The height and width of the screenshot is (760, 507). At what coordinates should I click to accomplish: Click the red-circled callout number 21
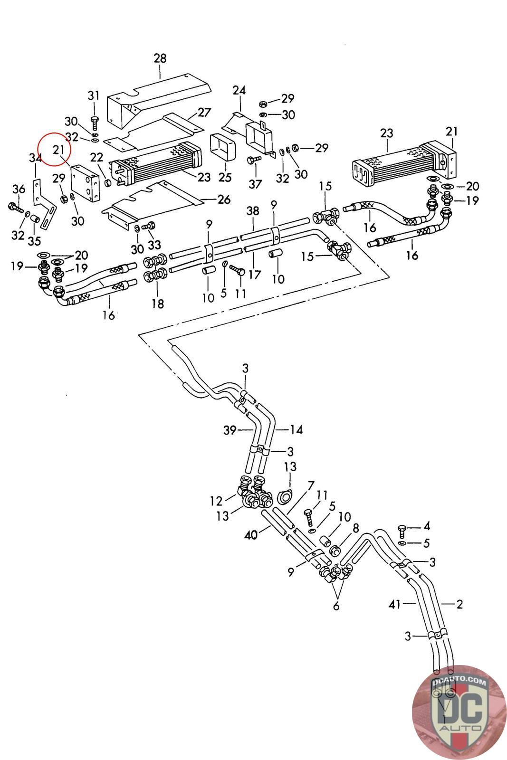pyautogui.click(x=58, y=150)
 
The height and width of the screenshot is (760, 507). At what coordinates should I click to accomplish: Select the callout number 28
pyautogui.click(x=160, y=58)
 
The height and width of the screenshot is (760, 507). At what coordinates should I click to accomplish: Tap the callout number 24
pyautogui.click(x=239, y=90)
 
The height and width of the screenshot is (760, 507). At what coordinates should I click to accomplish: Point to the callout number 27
pyautogui.click(x=204, y=113)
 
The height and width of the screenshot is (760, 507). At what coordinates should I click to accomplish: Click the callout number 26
pyautogui.click(x=224, y=199)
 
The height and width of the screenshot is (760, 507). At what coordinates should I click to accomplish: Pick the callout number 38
pyautogui.click(x=253, y=211)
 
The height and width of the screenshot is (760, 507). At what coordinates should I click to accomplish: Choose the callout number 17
pyautogui.click(x=255, y=275)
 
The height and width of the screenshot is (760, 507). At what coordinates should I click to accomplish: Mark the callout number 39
pyautogui.click(x=230, y=430)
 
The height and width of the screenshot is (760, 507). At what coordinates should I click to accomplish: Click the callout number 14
pyautogui.click(x=296, y=430)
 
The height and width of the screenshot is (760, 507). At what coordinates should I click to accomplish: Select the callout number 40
pyautogui.click(x=251, y=535)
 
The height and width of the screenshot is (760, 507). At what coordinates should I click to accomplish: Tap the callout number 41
pyautogui.click(x=395, y=604)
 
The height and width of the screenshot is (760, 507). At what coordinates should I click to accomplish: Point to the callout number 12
pyautogui.click(x=216, y=501)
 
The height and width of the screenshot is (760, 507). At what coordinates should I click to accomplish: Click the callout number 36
pyautogui.click(x=19, y=189)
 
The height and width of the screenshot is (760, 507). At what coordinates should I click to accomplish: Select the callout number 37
pyautogui.click(x=255, y=184)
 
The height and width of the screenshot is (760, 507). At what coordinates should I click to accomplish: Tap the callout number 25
pyautogui.click(x=225, y=177)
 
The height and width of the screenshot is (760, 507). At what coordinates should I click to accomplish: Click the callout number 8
pyautogui.click(x=355, y=527)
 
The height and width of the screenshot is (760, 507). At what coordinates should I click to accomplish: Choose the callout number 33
pyautogui.click(x=154, y=245)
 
